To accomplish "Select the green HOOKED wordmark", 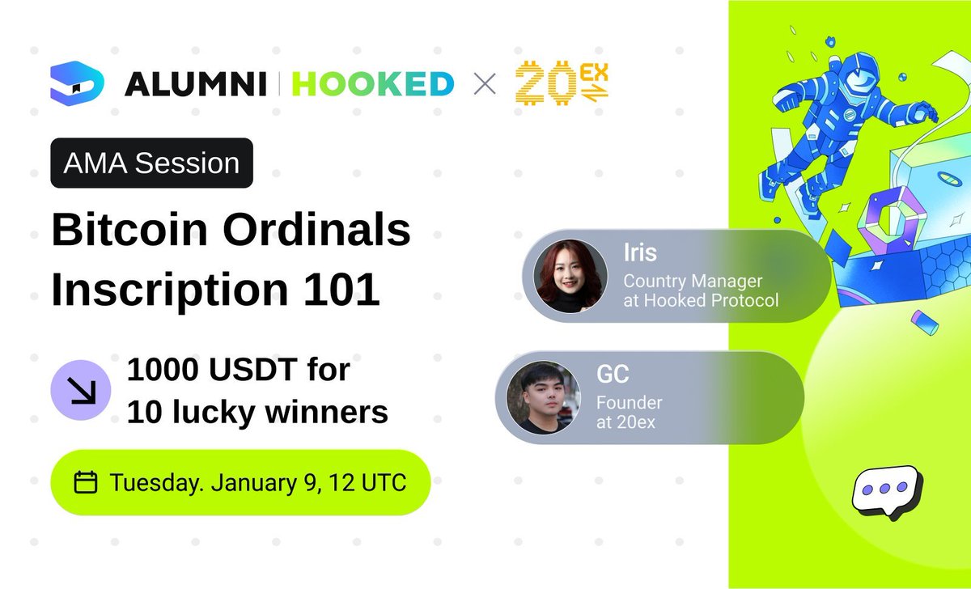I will tap(372, 83).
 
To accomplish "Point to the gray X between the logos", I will tap(484, 84).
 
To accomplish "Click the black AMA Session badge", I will tap(152, 163).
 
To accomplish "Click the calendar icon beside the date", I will tap(86, 483).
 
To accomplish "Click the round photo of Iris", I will tap(569, 276).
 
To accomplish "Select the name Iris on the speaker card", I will tap(639, 252).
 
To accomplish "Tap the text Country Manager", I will tap(693, 281).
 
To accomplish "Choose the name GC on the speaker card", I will tap(613, 375).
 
